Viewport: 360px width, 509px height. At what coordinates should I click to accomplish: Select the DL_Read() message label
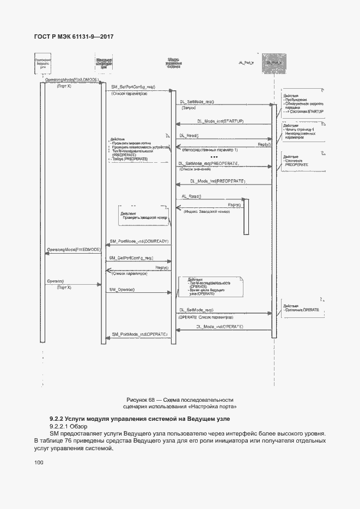189,136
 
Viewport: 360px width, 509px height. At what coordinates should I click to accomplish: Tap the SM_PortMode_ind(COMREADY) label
139,241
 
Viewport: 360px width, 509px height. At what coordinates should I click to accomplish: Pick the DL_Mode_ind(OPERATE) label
219,326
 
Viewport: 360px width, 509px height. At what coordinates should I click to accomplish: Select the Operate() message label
56,280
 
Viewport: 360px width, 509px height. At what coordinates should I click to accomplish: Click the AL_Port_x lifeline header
247,64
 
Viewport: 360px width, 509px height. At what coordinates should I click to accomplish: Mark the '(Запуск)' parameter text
189,108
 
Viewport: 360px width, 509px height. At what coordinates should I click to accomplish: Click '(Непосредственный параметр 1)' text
210,149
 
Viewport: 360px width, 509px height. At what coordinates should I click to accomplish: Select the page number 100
39,463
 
